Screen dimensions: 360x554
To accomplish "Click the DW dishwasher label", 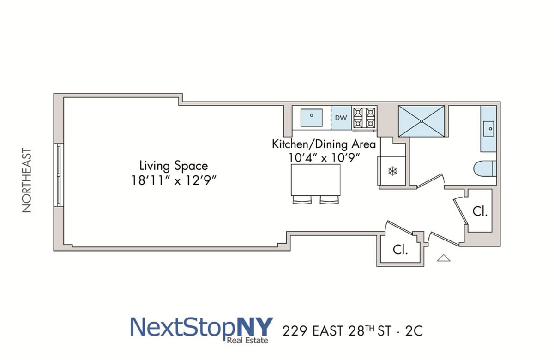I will (x=341, y=118).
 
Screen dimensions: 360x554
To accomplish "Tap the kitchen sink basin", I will (x=312, y=117).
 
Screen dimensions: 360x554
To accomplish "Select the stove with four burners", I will (x=365, y=118).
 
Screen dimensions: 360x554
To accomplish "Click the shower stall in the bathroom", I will (x=422, y=121).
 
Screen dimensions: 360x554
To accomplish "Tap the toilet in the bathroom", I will (x=485, y=168).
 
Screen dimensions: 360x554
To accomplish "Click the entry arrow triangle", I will (x=443, y=258).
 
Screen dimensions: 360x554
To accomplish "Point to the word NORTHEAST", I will (x=27, y=180).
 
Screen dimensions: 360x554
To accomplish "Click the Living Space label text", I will (x=174, y=166).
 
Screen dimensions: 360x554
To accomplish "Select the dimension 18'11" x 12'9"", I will (x=174, y=180).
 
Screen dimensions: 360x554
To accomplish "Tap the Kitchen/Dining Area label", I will (x=324, y=144).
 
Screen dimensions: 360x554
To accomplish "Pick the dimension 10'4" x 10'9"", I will (x=324, y=157).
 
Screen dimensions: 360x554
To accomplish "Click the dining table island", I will (x=316, y=180).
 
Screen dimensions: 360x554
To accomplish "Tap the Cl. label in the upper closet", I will (x=480, y=212).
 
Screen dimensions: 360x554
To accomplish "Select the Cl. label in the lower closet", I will (x=400, y=250).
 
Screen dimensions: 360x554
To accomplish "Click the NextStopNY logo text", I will (x=202, y=327).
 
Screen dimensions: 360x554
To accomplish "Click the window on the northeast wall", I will (x=59, y=174).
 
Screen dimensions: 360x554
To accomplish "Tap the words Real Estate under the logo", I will (x=247, y=341).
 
